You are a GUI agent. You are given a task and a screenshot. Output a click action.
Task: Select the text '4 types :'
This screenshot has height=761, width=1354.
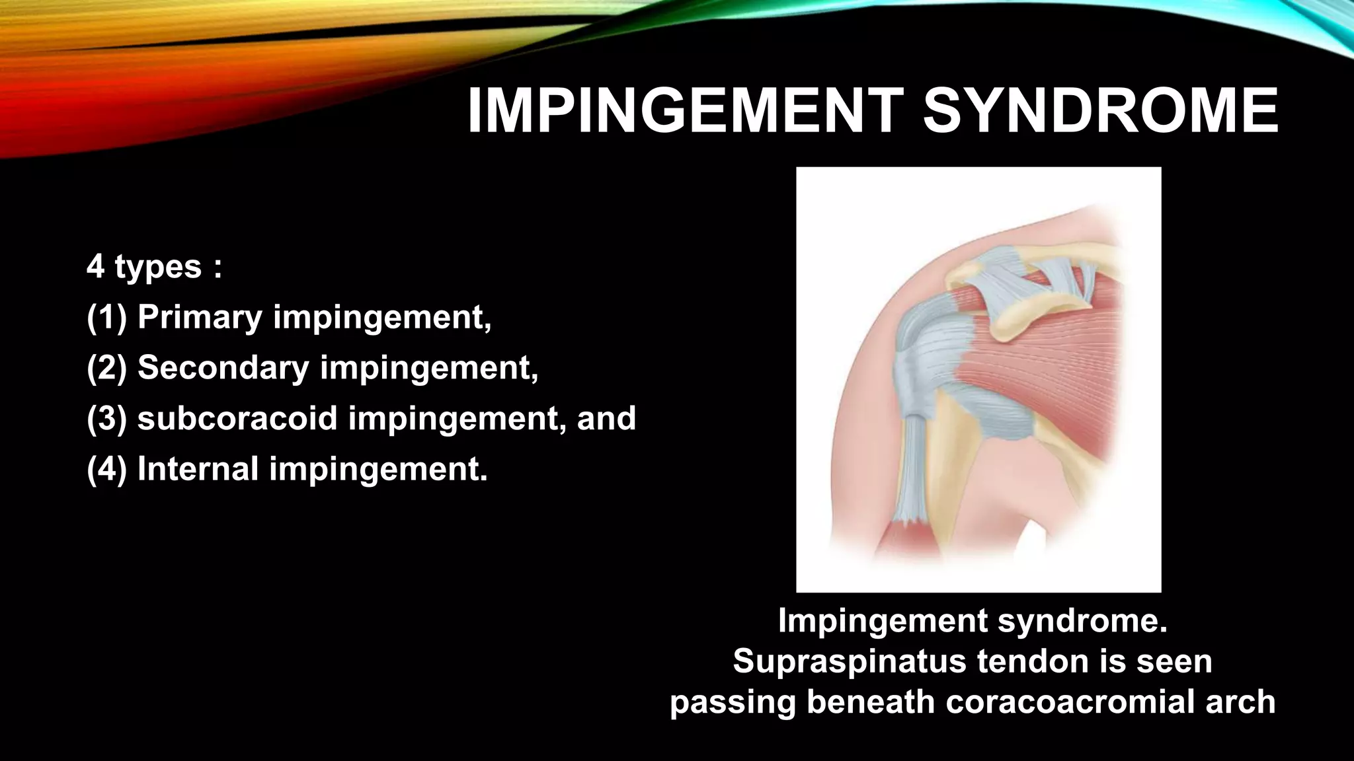tap(154, 267)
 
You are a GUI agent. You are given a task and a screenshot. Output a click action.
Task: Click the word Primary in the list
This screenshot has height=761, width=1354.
tap(200, 317)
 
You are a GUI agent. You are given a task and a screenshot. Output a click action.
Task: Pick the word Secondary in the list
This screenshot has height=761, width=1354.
tap(223, 367)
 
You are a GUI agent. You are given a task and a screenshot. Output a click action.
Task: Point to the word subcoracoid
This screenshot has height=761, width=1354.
tap(237, 418)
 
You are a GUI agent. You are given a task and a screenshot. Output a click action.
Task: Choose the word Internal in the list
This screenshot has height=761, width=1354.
tap(198, 469)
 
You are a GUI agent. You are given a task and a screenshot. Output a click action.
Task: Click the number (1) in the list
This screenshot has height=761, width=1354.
tap(106, 317)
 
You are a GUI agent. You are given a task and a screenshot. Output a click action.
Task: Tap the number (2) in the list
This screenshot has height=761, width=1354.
tap(106, 367)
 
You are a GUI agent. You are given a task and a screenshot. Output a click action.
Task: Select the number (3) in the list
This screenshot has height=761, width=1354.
tap(106, 418)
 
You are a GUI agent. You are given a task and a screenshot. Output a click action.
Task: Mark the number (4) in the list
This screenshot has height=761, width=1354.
tap(106, 469)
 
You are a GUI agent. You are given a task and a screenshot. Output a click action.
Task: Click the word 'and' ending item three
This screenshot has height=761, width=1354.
tap(606, 418)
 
